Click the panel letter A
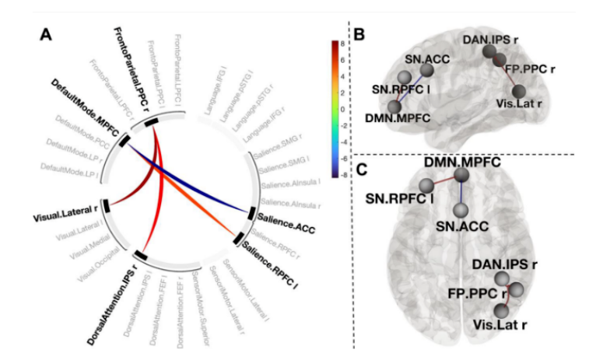click(x=46, y=34)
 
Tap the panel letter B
click(x=359, y=35)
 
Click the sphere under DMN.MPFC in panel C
click(x=461, y=176)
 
